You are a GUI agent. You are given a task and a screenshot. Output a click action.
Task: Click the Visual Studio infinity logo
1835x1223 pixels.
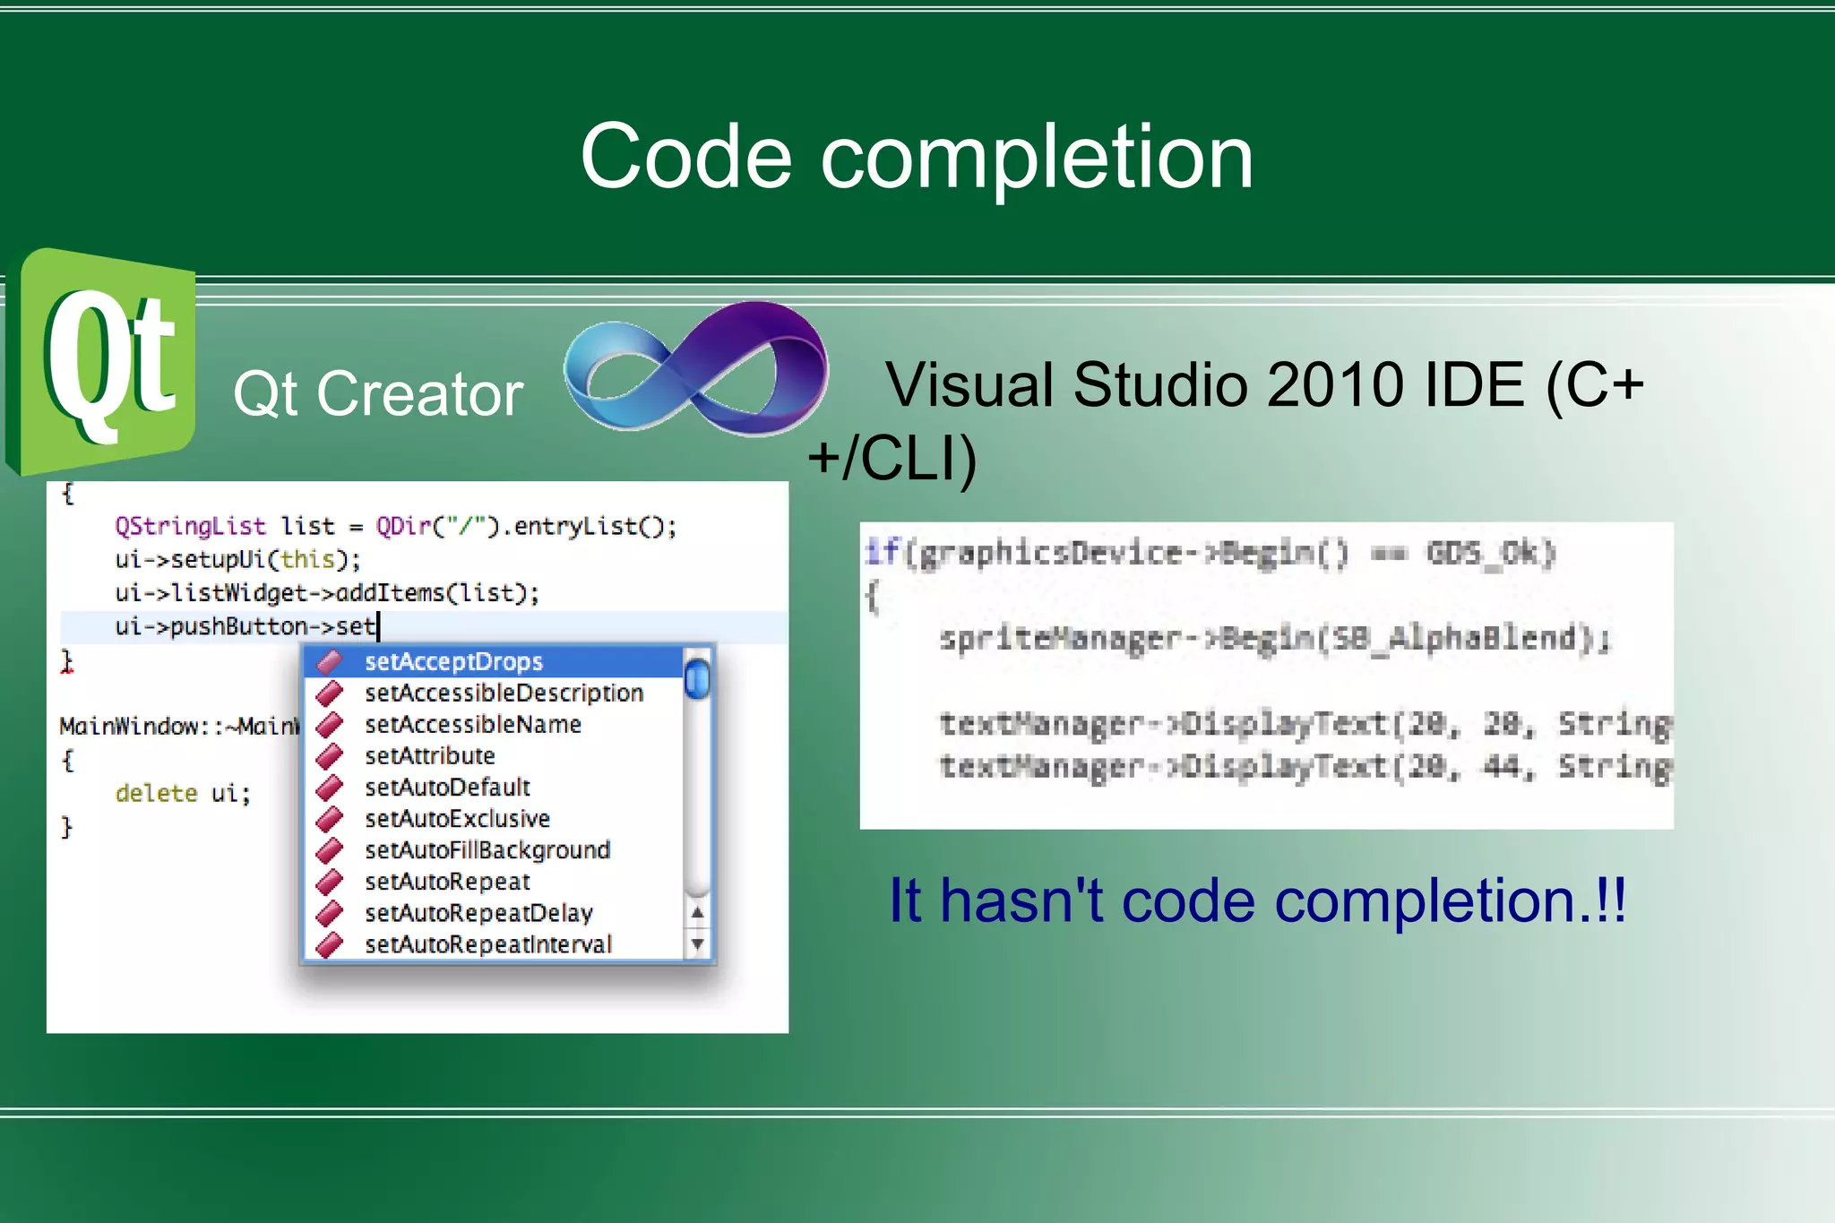click(694, 369)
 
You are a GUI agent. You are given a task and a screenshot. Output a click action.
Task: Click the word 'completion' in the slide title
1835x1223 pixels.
click(1037, 158)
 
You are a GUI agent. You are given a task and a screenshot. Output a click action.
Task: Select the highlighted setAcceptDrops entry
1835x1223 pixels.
click(453, 662)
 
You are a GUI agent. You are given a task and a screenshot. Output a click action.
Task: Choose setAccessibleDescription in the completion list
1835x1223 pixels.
click(504, 693)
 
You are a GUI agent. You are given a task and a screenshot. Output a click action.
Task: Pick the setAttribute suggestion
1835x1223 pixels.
click(429, 756)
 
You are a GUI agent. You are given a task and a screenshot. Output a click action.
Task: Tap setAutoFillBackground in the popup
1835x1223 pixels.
click(487, 850)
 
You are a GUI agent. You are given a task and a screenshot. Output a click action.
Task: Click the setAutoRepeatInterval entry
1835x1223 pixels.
click(487, 944)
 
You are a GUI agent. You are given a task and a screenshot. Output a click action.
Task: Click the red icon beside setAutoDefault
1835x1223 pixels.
click(330, 788)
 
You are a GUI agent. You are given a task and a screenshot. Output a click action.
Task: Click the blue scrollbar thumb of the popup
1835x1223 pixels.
click(696, 678)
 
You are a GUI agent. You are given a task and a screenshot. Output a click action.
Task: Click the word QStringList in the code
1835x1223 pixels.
click(190, 526)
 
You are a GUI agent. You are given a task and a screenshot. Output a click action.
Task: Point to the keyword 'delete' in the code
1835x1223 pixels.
click(156, 794)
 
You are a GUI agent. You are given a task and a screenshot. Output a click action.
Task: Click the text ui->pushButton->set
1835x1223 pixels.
click(245, 626)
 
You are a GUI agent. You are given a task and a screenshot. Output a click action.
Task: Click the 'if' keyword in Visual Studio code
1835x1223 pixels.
click(882, 552)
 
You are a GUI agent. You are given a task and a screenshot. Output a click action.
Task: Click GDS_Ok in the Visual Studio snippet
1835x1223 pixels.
click(1490, 553)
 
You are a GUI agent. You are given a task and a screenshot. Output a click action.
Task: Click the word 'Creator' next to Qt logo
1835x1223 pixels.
click(419, 394)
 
